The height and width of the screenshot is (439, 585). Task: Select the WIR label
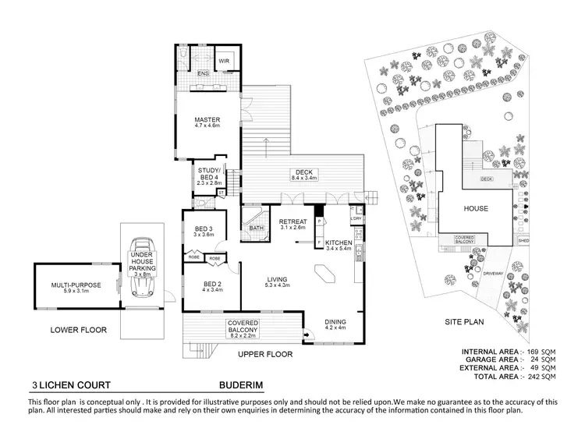[x=223, y=60]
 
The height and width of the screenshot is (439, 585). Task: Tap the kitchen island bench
[x=322, y=274]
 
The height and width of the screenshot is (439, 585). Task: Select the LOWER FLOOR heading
[x=78, y=330]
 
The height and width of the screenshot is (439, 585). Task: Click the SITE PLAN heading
[x=463, y=320]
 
